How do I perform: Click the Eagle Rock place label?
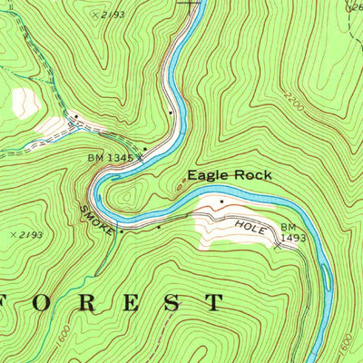click(229, 174)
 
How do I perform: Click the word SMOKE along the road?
click(97, 219)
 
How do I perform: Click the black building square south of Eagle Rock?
click(221, 201)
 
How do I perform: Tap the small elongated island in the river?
click(326, 276)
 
